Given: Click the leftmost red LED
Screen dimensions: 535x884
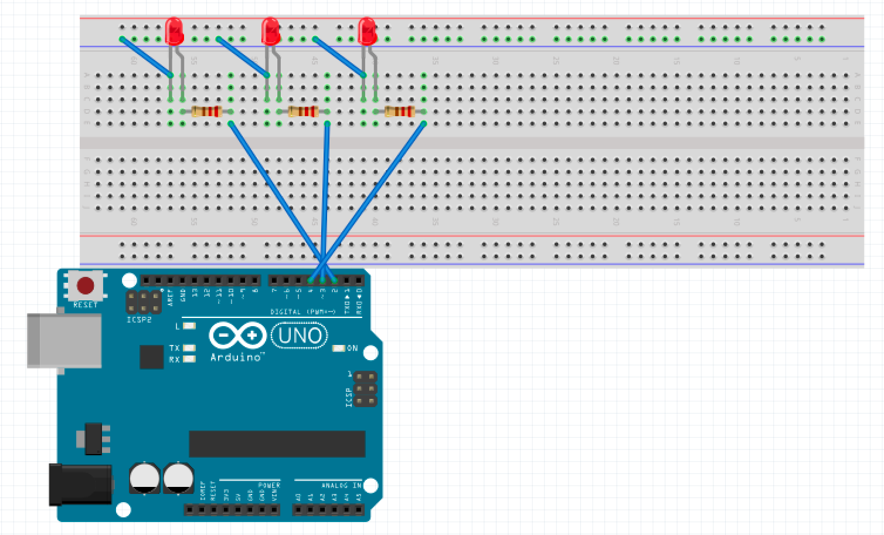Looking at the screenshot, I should point(175,31).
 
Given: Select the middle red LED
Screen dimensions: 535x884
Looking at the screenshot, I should point(270,31).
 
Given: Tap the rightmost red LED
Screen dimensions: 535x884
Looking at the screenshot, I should point(367,31).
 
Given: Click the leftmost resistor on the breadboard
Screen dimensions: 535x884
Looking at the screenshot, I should point(206,111).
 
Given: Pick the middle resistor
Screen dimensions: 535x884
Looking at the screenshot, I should point(303,111).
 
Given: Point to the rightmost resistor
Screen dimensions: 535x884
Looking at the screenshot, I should point(399,111).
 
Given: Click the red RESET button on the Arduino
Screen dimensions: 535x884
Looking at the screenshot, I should point(86,286).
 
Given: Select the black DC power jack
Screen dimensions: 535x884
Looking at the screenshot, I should point(80,484).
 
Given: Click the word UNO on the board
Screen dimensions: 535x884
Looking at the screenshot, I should point(300,336).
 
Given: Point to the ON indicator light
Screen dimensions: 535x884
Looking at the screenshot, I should point(339,348).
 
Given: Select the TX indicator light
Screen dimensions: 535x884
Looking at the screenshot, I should point(189,348).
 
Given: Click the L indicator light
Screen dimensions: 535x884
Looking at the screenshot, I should point(189,326).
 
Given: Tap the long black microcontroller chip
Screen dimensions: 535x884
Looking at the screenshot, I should point(277,443).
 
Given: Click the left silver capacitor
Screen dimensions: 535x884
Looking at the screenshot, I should point(145,478).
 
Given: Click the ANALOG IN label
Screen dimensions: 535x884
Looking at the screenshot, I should point(341,486).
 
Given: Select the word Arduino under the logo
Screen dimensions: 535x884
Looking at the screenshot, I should point(236,357).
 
